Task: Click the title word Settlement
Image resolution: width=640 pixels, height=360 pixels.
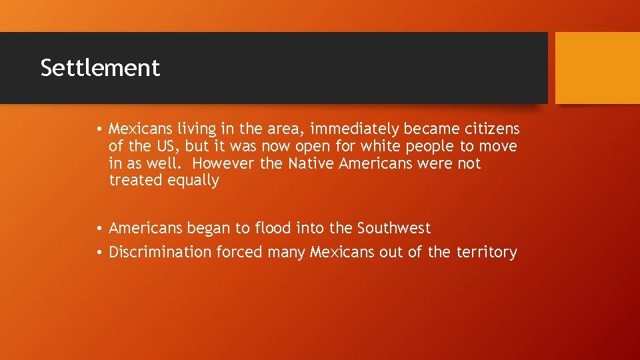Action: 100,67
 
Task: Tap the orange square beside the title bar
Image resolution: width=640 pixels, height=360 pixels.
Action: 597,67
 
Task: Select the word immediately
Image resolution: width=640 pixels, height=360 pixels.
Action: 346,129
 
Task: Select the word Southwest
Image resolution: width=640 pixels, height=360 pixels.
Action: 394,228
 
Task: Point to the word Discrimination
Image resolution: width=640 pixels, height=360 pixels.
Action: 160,252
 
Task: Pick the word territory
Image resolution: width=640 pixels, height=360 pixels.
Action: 487,252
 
